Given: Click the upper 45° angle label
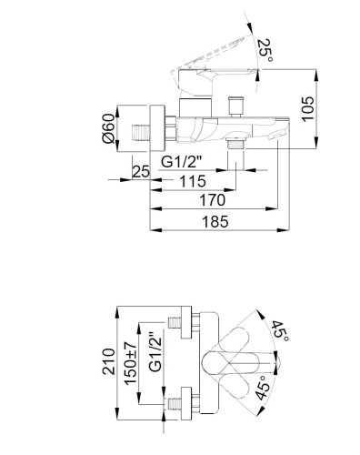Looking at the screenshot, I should pyautogui.click(x=282, y=331).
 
